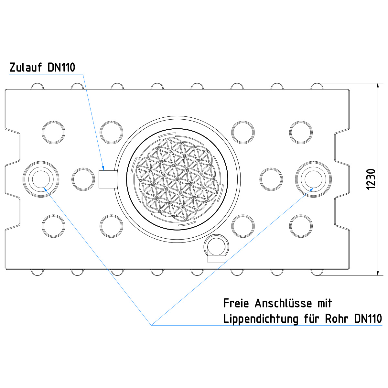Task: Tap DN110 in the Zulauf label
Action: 61,68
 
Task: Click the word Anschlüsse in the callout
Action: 284,304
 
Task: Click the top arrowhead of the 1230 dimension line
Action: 378,85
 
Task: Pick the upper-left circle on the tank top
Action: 54,132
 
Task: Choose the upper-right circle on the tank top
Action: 301,132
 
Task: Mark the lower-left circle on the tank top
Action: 54,225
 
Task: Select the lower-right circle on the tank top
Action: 301,225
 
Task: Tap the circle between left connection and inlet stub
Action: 82,179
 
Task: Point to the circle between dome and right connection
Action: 272,179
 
